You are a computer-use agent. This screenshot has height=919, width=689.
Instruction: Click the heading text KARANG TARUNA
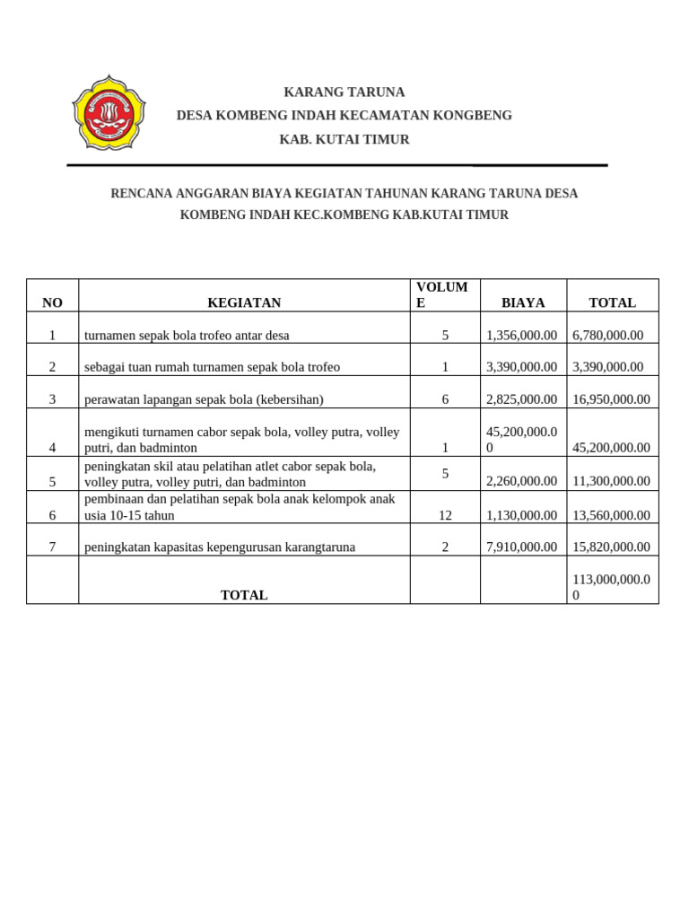(344, 92)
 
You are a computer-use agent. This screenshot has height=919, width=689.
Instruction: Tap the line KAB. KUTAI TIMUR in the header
(344, 139)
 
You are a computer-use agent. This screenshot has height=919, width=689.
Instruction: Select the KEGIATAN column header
(244, 303)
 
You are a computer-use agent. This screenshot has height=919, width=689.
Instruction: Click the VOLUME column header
(441, 294)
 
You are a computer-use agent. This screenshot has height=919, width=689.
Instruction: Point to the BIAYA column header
(523, 303)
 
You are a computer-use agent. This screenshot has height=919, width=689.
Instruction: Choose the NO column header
(52, 303)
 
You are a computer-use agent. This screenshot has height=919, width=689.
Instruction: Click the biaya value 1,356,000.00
(521, 336)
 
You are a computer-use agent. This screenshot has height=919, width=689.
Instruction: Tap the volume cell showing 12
(445, 515)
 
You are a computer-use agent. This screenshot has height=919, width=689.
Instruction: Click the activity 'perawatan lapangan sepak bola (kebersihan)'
(204, 399)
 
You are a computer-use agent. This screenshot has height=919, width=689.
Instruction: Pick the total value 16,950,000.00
(611, 399)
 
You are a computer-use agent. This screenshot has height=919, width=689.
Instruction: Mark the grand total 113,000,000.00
(611, 587)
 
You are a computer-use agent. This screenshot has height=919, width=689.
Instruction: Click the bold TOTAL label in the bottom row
(244, 595)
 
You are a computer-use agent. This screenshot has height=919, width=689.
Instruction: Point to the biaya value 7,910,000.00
(521, 547)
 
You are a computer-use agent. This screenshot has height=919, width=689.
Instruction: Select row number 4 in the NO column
(52, 448)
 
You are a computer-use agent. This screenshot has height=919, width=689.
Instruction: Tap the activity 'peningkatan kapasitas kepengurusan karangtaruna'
(220, 547)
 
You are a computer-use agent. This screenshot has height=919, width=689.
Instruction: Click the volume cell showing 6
(445, 399)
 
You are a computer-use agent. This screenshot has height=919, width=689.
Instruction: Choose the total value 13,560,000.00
(611, 515)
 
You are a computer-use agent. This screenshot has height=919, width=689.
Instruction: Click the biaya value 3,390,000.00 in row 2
(521, 367)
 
